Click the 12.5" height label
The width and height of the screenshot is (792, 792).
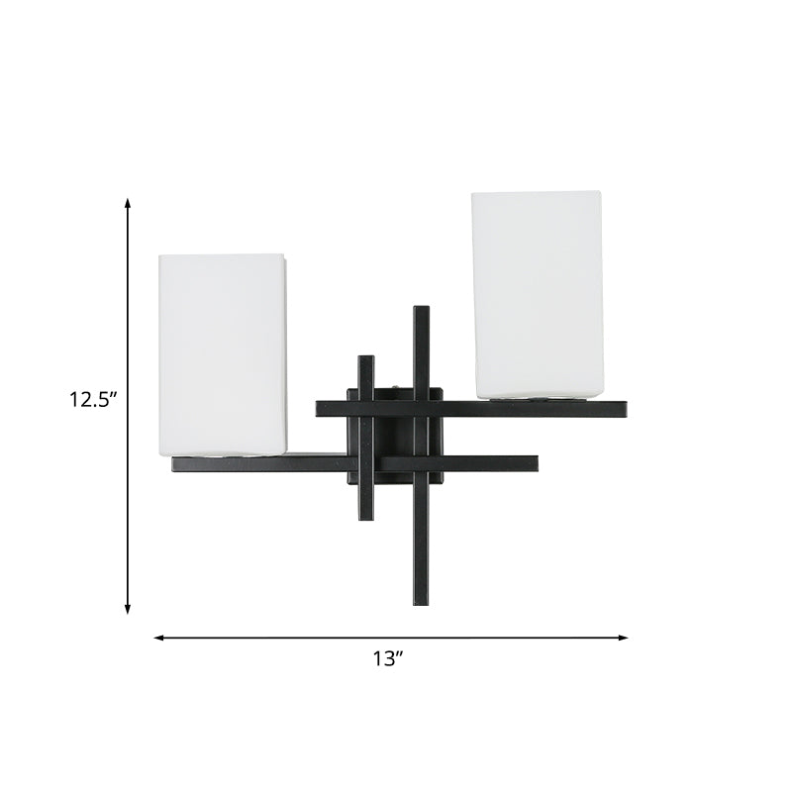[93, 400]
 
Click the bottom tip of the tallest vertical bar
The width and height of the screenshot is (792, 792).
[421, 603]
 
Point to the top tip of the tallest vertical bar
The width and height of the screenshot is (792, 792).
[421, 310]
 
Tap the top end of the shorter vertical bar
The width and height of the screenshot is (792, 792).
[366, 357]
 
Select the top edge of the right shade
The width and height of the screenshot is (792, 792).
[536, 192]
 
